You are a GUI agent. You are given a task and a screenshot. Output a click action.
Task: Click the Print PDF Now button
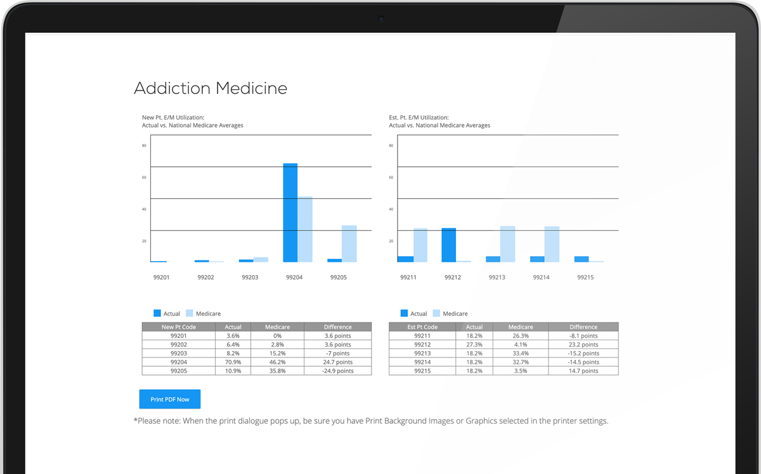[169, 399]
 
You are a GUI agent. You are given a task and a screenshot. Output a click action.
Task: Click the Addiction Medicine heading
[211, 88]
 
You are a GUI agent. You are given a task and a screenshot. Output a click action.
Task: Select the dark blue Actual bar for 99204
[290, 212]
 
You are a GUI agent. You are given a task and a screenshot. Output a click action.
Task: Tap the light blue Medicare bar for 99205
[349, 243]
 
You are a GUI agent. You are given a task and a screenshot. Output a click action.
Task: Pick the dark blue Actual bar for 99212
[449, 245]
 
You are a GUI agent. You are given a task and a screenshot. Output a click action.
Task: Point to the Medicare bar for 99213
[507, 244]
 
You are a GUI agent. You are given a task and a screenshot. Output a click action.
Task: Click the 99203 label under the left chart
[250, 278]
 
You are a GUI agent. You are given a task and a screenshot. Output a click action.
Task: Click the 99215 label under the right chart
[585, 278]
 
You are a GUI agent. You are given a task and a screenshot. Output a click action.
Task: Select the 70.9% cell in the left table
[233, 362]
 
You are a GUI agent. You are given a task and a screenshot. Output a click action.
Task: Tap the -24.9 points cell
[337, 371]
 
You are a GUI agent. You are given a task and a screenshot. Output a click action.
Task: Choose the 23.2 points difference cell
[583, 345]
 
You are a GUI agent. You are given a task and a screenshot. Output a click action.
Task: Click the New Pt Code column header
[179, 327]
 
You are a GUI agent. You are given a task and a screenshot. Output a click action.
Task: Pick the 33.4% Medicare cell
[520, 354]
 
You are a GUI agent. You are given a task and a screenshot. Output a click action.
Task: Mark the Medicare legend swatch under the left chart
[189, 313]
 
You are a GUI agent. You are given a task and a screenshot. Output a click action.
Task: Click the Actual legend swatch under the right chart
[404, 313]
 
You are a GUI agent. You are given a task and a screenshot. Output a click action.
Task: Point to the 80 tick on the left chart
[144, 146]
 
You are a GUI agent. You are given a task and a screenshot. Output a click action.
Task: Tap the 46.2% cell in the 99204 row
[277, 362]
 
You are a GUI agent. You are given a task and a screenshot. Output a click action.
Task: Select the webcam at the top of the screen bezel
[381, 18]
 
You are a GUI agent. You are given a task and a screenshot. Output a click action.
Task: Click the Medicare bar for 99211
[420, 245]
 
